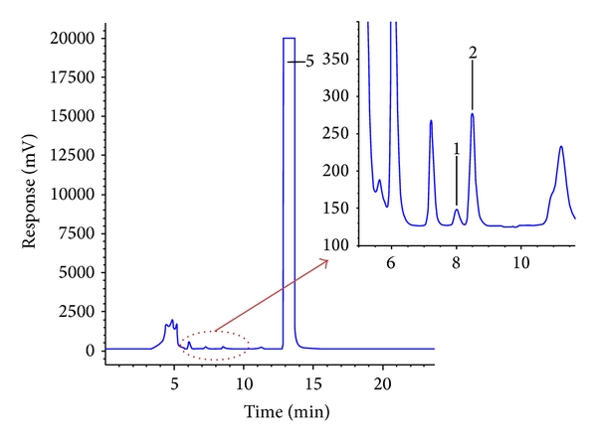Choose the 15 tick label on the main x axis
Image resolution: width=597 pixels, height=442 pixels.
(312, 383)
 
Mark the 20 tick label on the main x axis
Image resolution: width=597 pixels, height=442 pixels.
(382, 383)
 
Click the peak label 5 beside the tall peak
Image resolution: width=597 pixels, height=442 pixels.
(309, 62)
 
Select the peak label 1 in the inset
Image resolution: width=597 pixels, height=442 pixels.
(457, 149)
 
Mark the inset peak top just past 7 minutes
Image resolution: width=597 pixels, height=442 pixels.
(431, 121)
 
